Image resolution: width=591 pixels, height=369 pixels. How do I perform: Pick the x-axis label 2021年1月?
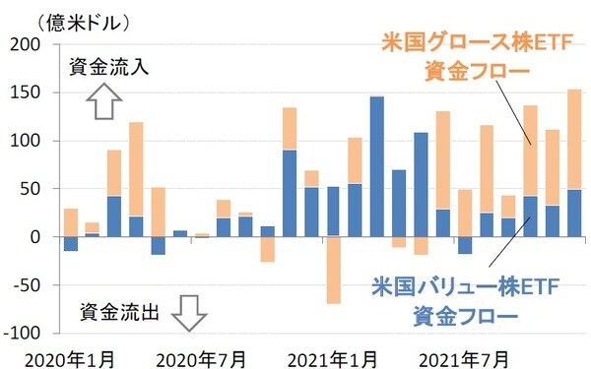tap(335, 355)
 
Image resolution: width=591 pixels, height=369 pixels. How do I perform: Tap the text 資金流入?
tap(108, 69)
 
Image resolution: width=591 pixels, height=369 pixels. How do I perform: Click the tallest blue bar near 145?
tap(376, 166)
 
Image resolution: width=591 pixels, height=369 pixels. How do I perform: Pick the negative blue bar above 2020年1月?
tap(70, 244)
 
